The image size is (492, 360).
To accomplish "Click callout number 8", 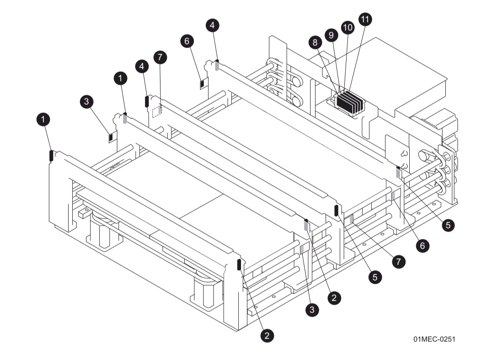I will point(315,42).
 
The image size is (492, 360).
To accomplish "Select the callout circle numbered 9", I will point(331,35).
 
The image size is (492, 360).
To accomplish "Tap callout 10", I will point(348,27).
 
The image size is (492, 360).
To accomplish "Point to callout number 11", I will point(365,19).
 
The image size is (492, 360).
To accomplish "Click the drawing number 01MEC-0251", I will point(434,339).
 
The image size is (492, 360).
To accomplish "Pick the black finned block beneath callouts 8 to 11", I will point(349,102).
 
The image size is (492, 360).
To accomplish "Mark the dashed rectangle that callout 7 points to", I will point(157,111).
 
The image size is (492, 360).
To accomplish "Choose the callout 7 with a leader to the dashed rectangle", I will point(160,57).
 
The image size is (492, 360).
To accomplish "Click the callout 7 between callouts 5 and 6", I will point(399,262).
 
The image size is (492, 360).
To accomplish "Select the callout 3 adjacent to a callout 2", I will point(312,309).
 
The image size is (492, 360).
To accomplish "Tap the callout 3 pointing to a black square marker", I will point(86,102).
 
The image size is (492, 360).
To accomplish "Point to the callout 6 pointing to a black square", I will point(187,41).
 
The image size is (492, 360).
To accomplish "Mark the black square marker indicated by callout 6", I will point(202,83).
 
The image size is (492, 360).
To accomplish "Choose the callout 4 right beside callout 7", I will point(143,66).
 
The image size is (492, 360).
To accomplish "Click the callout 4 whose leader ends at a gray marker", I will point(212,26).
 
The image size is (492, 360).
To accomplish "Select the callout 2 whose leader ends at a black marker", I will point(267,335).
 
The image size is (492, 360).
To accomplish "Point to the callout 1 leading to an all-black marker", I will point(43,120).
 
